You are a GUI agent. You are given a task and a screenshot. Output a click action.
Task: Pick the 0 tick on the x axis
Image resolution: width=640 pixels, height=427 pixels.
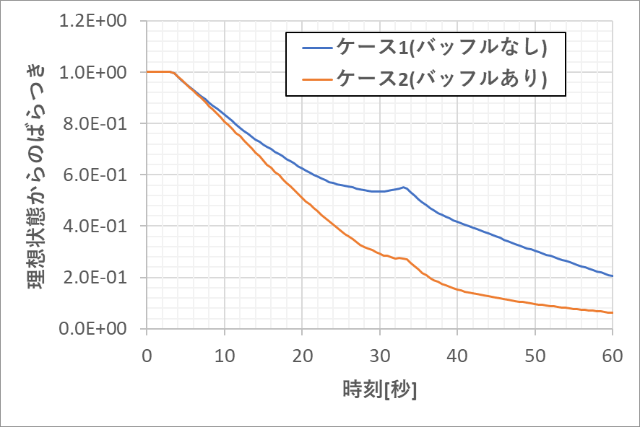tap(147, 356)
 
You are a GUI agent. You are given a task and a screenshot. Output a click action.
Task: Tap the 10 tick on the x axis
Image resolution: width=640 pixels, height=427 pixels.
tap(225, 356)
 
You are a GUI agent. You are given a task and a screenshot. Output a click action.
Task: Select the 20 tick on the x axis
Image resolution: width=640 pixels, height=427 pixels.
tap(302, 356)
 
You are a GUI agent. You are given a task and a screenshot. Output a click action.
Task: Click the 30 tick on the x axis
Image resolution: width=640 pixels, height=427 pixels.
tap(380, 356)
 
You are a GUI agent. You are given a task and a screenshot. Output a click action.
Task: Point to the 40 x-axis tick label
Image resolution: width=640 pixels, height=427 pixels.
tap(457, 356)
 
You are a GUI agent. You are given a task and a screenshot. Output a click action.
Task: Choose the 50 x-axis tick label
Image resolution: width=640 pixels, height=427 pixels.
tap(535, 356)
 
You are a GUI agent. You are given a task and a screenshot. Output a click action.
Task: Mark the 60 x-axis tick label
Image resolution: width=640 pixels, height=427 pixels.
tap(613, 356)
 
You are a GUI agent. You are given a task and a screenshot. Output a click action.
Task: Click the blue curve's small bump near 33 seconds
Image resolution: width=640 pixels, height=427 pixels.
tap(403, 188)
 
